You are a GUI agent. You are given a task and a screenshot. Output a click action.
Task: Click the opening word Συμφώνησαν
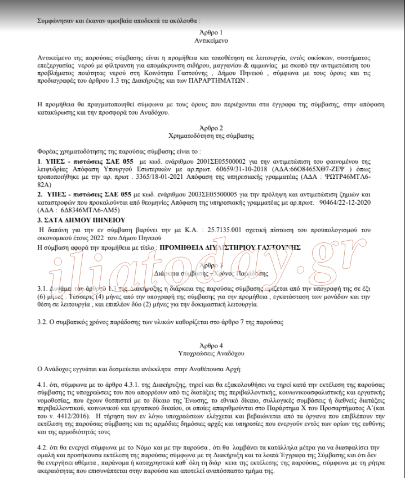tap(55, 20)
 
